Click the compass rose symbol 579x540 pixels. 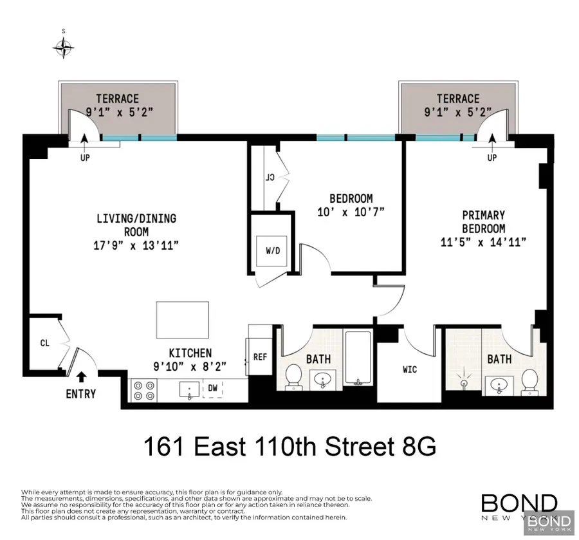pyautogui.click(x=64, y=46)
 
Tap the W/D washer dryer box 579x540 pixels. pyautogui.click(x=273, y=250)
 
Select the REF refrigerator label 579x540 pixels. pyautogui.click(x=260, y=357)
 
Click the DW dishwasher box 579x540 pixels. pyautogui.click(x=212, y=388)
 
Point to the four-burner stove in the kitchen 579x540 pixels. pyautogui.click(x=143, y=389)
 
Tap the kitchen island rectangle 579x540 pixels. pyautogui.click(x=182, y=320)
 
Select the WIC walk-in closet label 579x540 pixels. pyautogui.click(x=410, y=370)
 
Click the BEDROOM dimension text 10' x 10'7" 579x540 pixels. pyautogui.click(x=350, y=212)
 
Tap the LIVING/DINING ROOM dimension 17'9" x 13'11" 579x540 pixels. pyautogui.click(x=136, y=245)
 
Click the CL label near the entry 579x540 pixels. pyautogui.click(x=45, y=344)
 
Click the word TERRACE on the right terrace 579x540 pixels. pyautogui.click(x=458, y=98)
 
